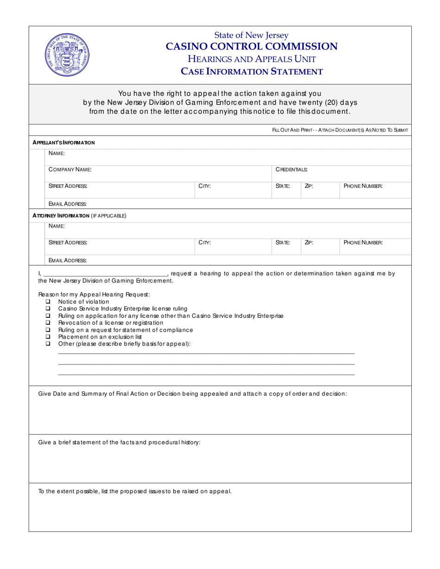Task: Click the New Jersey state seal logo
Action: (x=68, y=55)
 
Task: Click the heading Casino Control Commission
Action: (x=251, y=47)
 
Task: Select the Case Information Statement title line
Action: (x=251, y=72)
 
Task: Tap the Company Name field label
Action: (x=70, y=170)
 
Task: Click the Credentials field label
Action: (x=292, y=170)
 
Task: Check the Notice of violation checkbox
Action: (x=48, y=302)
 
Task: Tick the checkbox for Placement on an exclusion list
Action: (x=48, y=337)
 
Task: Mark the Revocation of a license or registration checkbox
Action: (x=48, y=322)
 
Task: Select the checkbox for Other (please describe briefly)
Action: (x=48, y=344)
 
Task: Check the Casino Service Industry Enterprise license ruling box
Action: (x=48, y=309)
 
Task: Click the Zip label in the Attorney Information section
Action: (x=309, y=242)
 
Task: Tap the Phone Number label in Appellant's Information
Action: (x=363, y=186)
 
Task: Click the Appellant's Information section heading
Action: (x=63, y=142)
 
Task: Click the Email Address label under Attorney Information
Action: (x=68, y=260)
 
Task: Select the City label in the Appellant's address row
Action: (x=205, y=186)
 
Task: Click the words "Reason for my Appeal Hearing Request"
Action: (x=94, y=295)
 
